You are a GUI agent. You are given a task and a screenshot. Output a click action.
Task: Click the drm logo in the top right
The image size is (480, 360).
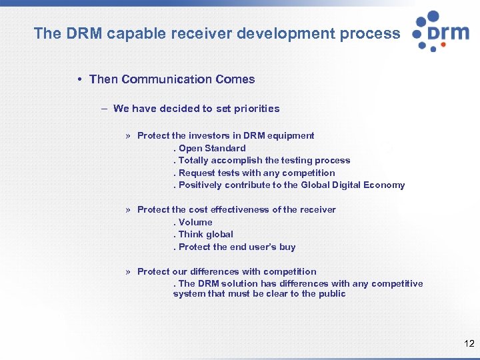pyautogui.click(x=441, y=31)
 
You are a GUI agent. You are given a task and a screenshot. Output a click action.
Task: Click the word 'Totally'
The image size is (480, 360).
pyautogui.click(x=193, y=160)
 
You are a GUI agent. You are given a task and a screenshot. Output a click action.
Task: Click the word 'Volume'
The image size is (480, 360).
pyautogui.click(x=195, y=222)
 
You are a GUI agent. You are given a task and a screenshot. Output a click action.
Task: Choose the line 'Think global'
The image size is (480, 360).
pyautogui.click(x=205, y=234)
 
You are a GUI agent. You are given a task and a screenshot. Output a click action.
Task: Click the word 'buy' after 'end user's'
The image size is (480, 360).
pyautogui.click(x=287, y=247)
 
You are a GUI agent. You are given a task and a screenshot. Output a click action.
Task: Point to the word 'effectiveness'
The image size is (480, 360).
pyautogui.click(x=239, y=209)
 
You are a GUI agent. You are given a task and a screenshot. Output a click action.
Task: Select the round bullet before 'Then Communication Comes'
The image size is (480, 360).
pyautogui.click(x=79, y=79)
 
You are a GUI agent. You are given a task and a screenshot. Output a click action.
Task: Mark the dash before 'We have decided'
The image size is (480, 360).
pyautogui.click(x=104, y=109)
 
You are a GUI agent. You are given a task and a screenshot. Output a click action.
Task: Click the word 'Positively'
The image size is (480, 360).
pyautogui.click(x=200, y=185)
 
